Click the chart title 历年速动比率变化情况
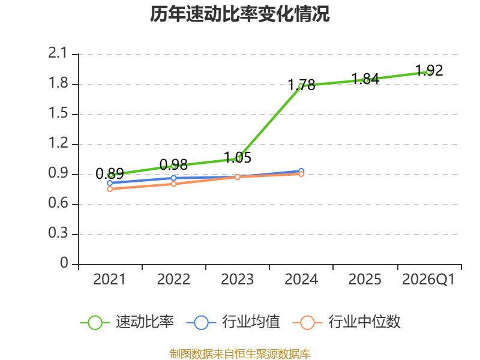[x=239, y=14]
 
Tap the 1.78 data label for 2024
[x=302, y=85]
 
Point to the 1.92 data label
[x=429, y=70]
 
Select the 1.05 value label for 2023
[x=238, y=158]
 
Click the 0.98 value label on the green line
[x=173, y=164]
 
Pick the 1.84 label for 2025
[x=365, y=79]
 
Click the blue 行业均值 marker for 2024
[x=301, y=171]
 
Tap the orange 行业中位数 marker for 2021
[x=110, y=189]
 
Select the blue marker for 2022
[x=173, y=178]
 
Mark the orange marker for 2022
[x=173, y=184]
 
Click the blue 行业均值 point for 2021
[x=110, y=183]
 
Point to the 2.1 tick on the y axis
[x=58, y=53]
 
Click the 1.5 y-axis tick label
[x=58, y=113]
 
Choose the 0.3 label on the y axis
[x=58, y=233]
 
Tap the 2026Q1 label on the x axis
[x=428, y=280]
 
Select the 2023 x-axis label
[x=237, y=280]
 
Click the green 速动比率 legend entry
[x=127, y=322]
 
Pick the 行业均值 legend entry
[x=233, y=322]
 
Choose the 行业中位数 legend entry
[x=347, y=322]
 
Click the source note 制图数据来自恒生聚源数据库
[x=240, y=354]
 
